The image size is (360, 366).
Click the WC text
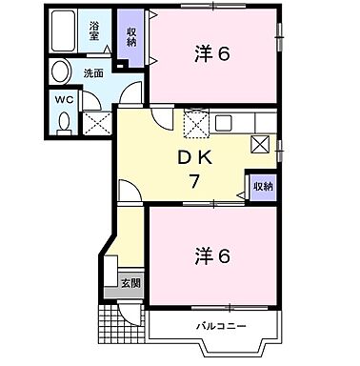pos(63,98)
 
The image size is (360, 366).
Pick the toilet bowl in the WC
pos(63,121)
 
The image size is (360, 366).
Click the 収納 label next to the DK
pos(261,186)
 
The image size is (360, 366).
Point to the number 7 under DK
pos(194,182)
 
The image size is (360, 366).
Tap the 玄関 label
pos(130,283)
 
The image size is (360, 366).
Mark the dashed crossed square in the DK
pos(195,123)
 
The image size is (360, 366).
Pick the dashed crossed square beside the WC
pos(95,122)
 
